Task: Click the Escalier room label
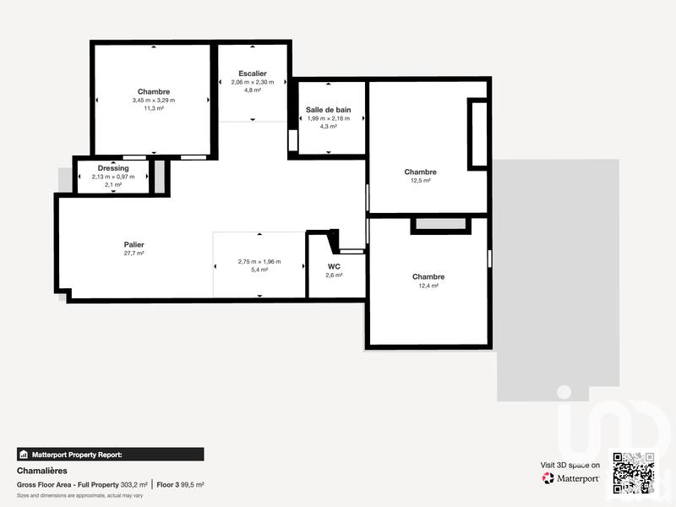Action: coord(252,74)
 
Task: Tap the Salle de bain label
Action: coord(328,110)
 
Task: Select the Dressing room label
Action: coord(113,168)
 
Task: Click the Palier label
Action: coord(134,244)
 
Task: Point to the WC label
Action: coord(335,266)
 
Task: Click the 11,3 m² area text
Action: coord(153,108)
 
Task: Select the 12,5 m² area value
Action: coord(420,181)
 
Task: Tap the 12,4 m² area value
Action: coord(428,286)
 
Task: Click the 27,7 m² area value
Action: coord(134,253)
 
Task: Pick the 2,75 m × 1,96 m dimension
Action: coord(259,262)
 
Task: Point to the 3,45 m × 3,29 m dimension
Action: coord(153,100)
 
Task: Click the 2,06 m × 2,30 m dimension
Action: coord(252,82)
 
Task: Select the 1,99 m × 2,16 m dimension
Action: coord(328,118)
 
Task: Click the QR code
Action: coord(633,472)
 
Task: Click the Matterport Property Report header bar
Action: coord(110,454)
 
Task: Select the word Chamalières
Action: coord(41,471)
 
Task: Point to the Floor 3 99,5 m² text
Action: coord(180,485)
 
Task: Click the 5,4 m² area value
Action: coord(259,270)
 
